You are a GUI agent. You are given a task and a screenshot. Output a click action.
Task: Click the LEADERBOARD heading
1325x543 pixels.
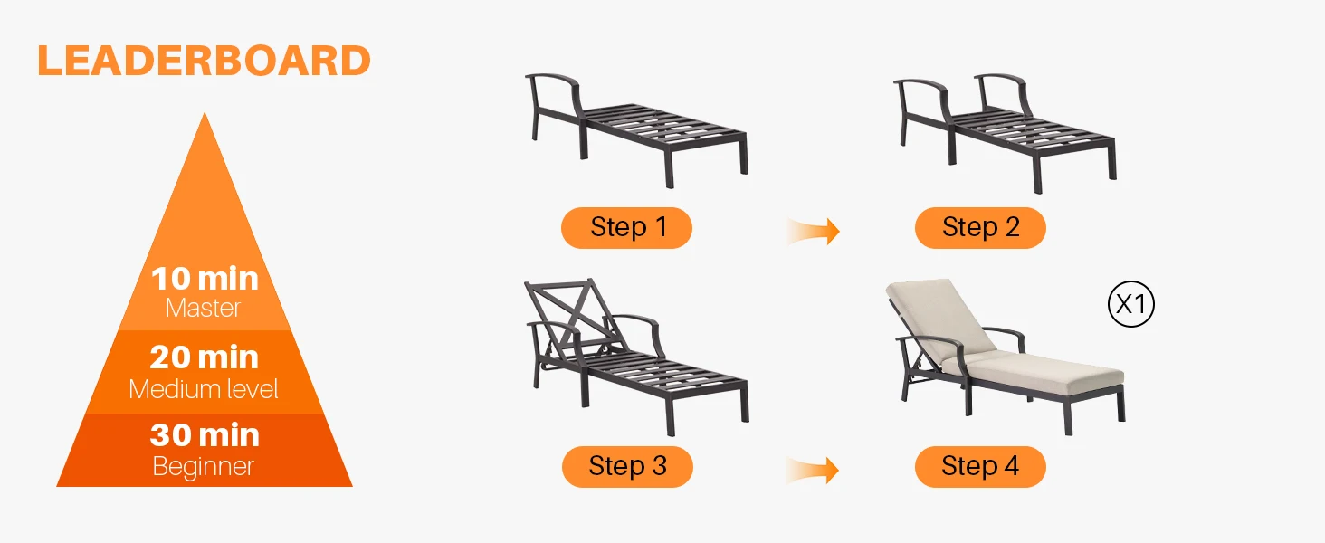[x=204, y=61]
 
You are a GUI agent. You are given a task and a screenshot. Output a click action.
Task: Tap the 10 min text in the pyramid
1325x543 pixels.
[x=205, y=279]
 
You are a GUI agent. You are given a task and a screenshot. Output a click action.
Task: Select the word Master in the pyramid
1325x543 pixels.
[x=203, y=308]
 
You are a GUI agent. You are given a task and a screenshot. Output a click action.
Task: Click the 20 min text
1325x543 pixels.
[x=204, y=357]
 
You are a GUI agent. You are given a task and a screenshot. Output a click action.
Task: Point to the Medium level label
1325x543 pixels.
[x=204, y=389]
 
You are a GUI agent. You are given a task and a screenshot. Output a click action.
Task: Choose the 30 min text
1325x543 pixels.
[x=205, y=435]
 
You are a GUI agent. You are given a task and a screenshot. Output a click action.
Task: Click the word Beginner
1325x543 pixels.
[x=203, y=467]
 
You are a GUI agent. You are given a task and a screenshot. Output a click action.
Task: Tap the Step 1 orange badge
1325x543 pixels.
[x=626, y=228]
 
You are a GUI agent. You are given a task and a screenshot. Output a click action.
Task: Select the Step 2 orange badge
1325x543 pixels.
[x=980, y=228]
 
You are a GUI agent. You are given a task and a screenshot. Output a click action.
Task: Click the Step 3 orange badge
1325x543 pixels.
[x=627, y=467]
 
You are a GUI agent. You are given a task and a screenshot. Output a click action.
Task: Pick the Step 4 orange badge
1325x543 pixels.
[x=980, y=467]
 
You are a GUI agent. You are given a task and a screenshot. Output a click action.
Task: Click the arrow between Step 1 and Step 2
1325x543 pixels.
[x=814, y=231]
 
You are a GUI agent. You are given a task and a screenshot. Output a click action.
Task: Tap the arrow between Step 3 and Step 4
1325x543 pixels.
[x=813, y=471]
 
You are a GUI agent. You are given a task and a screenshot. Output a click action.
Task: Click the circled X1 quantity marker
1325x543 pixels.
[x=1131, y=304]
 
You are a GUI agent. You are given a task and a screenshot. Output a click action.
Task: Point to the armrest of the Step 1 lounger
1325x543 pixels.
[x=553, y=78]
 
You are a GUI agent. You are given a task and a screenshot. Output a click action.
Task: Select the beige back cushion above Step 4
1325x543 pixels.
[x=940, y=319]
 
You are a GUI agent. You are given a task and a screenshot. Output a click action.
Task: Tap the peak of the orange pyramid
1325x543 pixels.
[x=205, y=112]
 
